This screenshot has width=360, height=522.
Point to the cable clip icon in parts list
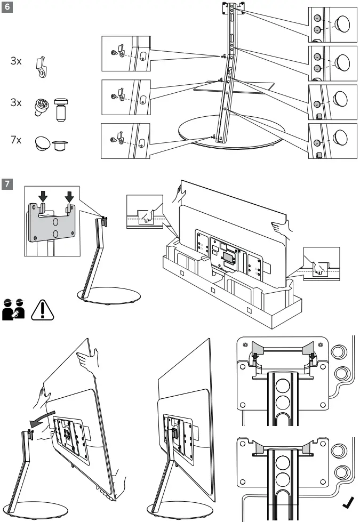[40, 68]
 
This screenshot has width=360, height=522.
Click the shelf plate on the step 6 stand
[235, 85]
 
